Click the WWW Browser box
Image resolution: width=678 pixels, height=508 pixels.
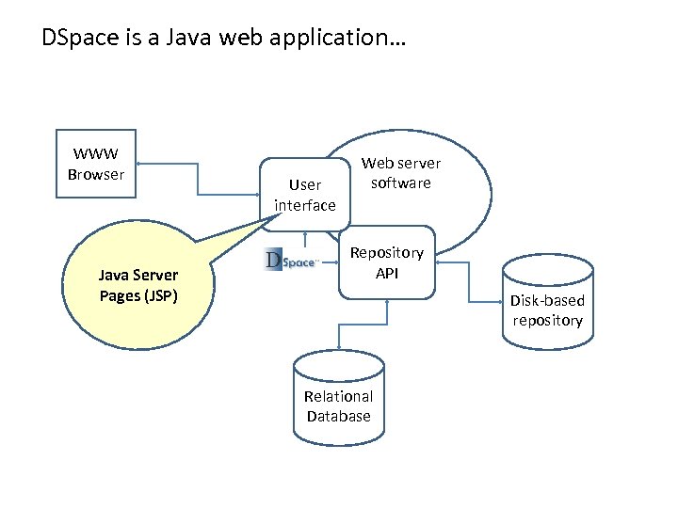(96, 165)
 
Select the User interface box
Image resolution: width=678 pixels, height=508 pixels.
(304, 195)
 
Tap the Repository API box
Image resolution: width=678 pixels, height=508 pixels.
(386, 262)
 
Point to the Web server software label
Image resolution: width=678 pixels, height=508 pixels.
(400, 173)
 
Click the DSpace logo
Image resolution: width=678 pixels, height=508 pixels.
(291, 260)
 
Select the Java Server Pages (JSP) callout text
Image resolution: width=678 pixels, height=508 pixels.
(138, 285)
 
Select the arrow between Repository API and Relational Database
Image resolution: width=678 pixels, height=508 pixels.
(338, 325)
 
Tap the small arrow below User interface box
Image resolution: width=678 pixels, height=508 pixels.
(304, 241)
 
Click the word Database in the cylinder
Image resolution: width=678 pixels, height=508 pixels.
(338, 416)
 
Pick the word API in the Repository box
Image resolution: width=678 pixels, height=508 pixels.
(387, 273)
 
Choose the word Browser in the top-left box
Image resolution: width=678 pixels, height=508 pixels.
(96, 174)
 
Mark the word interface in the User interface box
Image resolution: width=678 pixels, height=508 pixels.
(304, 205)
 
